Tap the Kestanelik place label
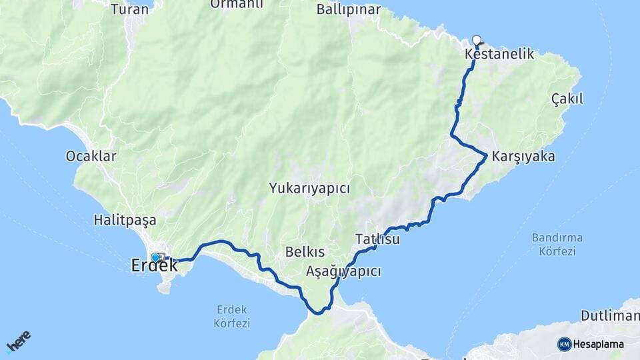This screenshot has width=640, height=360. (500, 55)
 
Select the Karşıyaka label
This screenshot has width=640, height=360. (523, 157)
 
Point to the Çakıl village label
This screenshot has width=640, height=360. (567, 99)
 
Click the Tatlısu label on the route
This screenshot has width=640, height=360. (377, 239)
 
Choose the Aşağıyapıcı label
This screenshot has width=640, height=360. (343, 271)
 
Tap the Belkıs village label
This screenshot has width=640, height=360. (305, 252)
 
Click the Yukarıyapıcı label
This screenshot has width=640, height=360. (309, 188)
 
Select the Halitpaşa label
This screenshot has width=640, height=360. (125, 219)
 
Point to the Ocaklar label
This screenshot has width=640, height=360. (91, 156)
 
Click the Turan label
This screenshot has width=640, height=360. (129, 9)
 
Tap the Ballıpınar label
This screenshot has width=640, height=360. (349, 9)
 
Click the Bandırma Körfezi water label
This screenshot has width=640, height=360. (557, 244)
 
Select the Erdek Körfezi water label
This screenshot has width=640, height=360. (232, 316)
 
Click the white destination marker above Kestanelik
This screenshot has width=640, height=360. (477, 39)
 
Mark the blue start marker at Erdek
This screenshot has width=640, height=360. (155, 257)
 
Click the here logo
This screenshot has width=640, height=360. (19, 341)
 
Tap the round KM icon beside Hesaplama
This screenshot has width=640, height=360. (565, 344)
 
